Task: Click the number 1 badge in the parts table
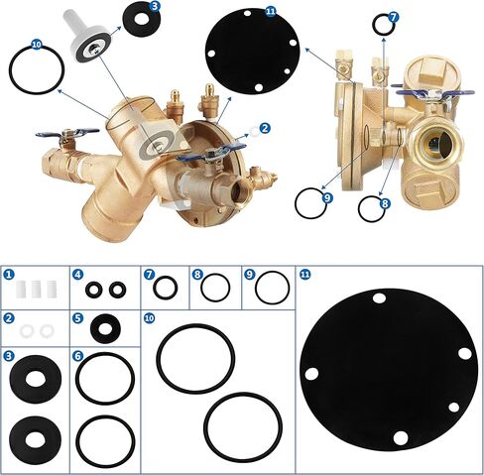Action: (9, 274)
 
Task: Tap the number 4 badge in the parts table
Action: (77, 274)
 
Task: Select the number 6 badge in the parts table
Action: (77, 354)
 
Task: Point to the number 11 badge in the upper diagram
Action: (271, 10)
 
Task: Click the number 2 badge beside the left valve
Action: (265, 128)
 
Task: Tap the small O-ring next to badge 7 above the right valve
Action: (381, 23)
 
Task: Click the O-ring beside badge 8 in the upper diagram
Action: (369, 208)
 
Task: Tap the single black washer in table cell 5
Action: (104, 326)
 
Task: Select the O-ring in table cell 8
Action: (214, 288)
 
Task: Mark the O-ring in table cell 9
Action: (271, 288)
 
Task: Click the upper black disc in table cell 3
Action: (33, 380)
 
